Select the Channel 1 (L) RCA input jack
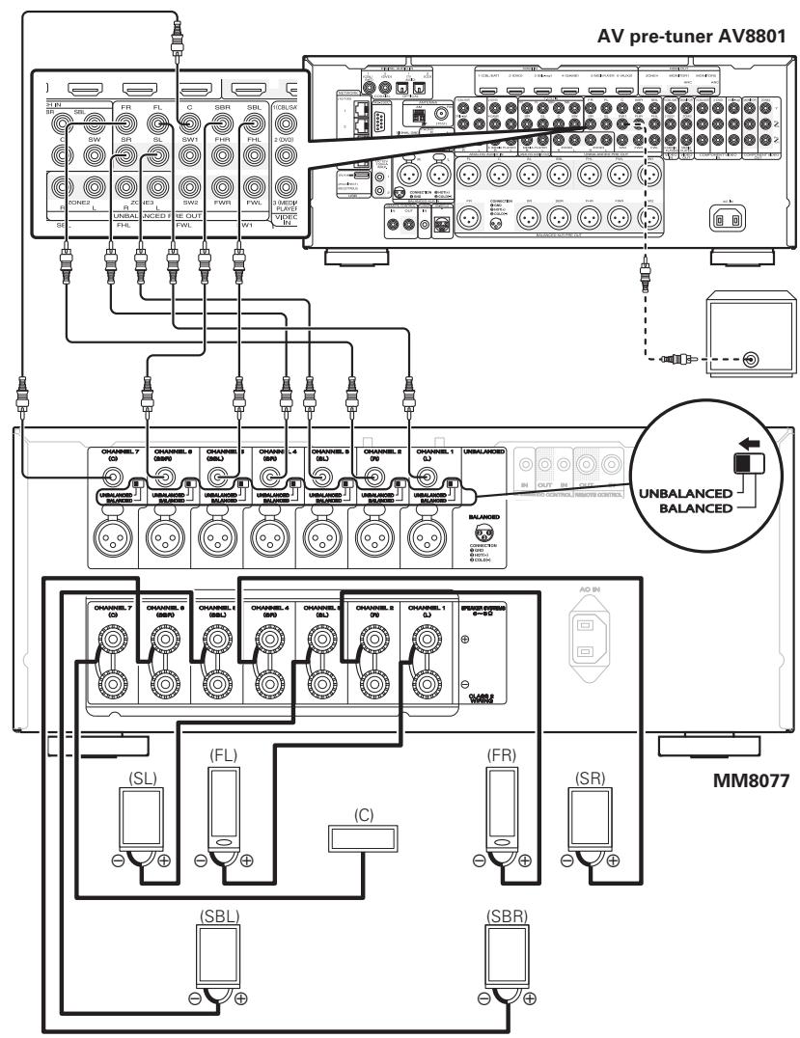[423, 475]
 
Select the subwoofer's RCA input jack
[749, 361]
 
